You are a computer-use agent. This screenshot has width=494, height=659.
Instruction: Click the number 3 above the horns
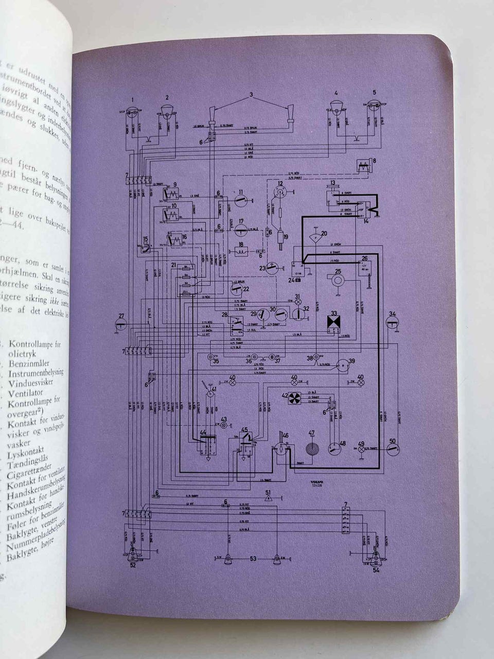pyautogui.click(x=252, y=95)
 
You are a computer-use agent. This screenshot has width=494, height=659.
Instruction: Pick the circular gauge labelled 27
pyautogui.click(x=121, y=323)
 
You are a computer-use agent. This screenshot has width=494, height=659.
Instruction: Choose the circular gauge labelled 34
pyautogui.click(x=393, y=323)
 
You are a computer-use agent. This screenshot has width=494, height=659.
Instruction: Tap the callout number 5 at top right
pyautogui.click(x=375, y=93)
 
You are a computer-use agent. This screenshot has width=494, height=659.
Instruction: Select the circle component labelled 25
pyautogui.click(x=339, y=280)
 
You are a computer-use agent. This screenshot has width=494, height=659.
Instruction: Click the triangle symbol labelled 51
pyautogui.click(x=268, y=499)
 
